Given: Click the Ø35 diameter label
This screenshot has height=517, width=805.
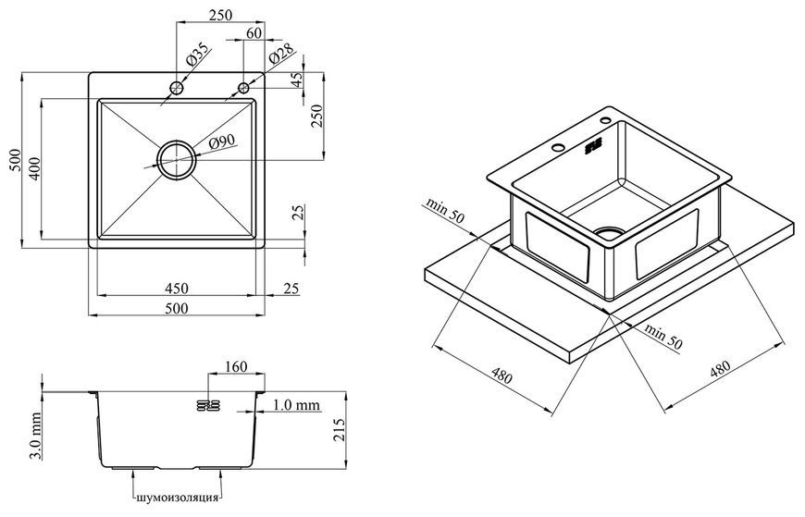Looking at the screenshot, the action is click(x=197, y=56).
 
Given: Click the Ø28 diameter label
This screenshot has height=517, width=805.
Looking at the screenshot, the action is click(x=281, y=54).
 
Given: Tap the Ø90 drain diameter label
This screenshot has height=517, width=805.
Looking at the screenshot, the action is click(x=221, y=142).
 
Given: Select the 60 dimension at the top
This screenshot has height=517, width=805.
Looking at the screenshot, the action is click(x=254, y=33).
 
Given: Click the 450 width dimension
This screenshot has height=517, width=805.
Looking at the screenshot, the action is click(x=176, y=289).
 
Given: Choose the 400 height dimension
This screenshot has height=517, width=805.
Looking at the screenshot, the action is click(x=34, y=168).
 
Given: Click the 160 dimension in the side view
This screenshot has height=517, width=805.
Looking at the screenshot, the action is click(x=236, y=367).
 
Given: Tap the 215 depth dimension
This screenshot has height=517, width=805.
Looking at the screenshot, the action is click(x=339, y=430).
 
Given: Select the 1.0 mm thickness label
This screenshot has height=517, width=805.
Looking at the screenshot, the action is click(x=296, y=405).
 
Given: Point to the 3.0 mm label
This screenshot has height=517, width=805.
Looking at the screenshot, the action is click(x=35, y=436).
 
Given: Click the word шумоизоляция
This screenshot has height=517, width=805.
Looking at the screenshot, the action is click(x=178, y=498).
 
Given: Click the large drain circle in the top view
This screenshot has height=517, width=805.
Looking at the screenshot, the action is click(x=177, y=160).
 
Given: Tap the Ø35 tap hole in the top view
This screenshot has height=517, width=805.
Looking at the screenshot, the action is click(x=177, y=88).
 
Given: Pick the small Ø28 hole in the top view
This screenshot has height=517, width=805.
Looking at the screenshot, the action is click(x=244, y=88).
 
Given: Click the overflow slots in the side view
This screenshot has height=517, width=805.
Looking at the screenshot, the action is click(x=208, y=406).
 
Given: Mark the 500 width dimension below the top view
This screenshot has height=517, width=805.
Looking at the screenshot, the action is click(x=177, y=308).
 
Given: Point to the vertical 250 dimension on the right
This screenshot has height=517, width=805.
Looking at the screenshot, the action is click(x=316, y=116).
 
